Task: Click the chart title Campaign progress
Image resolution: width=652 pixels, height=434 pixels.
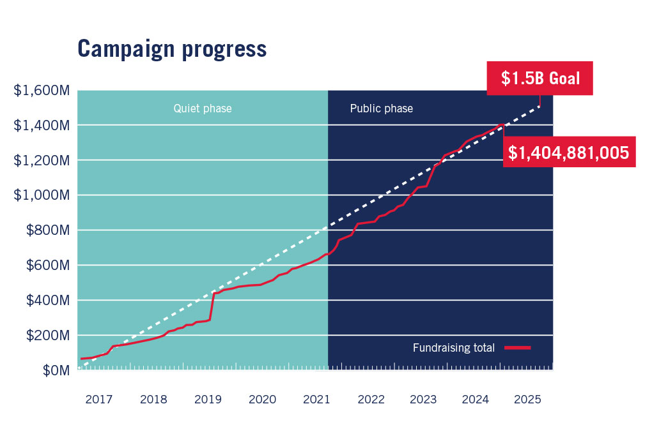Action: pyautogui.click(x=172, y=49)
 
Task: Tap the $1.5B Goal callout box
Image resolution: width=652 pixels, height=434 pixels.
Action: pyautogui.click(x=540, y=79)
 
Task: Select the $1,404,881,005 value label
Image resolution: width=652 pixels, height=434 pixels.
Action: pyautogui.click(x=569, y=153)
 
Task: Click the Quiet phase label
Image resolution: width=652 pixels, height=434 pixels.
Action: pyautogui.click(x=203, y=108)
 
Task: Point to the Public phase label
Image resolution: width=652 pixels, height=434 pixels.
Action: pyautogui.click(x=381, y=108)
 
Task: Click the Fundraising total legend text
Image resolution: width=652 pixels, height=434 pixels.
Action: pyautogui.click(x=454, y=348)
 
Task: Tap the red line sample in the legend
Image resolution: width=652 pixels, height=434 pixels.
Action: pyautogui.click(x=518, y=348)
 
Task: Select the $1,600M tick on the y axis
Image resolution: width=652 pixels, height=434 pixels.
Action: pyautogui.click(x=41, y=91)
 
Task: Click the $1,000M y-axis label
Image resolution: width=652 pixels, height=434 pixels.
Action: pyautogui.click(x=41, y=195)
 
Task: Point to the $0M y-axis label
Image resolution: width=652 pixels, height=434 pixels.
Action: pyautogui.click(x=54, y=370)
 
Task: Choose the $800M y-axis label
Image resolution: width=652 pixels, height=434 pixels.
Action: pyautogui.click(x=47, y=230)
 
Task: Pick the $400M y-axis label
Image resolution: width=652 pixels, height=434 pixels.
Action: pyautogui.click(x=47, y=301)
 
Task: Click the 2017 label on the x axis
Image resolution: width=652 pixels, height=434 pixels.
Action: pyautogui.click(x=98, y=400)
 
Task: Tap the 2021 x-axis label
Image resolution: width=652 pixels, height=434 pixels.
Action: pyautogui.click(x=317, y=400)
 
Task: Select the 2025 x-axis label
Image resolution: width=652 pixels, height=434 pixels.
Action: pyautogui.click(x=528, y=400)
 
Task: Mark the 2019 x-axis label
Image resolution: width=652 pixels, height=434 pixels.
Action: pyautogui.click(x=208, y=400)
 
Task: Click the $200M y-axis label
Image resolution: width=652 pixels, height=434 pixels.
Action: pyautogui.click(x=47, y=336)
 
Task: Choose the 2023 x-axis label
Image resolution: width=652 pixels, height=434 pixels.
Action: pyautogui.click(x=423, y=400)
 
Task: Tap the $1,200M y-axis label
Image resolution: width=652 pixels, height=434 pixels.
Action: pyautogui.click(x=41, y=161)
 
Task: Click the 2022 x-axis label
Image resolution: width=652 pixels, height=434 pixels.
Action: pyautogui.click(x=371, y=400)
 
